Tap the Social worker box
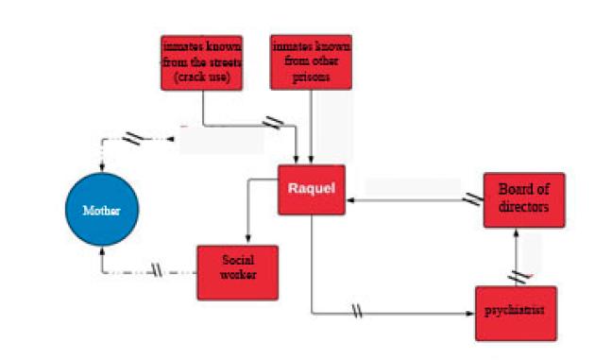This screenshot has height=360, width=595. (237, 272)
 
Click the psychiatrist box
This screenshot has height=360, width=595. (515, 313)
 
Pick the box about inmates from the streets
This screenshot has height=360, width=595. (202, 62)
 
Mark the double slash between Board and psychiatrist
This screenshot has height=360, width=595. (517, 277)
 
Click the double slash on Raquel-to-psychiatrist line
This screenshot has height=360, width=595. (356, 311)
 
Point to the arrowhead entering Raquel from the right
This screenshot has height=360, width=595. (349, 200)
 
